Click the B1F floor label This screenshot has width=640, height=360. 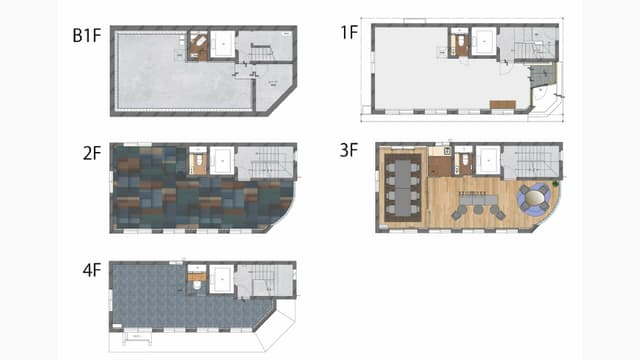point(87,36)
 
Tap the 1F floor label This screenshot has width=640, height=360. point(349,33)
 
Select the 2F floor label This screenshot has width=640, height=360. point(92,153)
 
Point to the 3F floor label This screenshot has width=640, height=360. point(349,150)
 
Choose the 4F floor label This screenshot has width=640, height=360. point(92,270)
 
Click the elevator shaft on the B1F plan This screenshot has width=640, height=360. point(222,44)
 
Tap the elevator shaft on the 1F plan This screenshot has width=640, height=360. point(484,41)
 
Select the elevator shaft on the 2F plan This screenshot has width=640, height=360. point(222,161)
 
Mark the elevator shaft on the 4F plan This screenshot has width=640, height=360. point(222,279)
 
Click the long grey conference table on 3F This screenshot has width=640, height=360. point(403,187)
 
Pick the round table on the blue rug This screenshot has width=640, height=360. point(534,198)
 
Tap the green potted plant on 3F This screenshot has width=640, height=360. point(555,184)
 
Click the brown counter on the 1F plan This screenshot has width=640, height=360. point(503,105)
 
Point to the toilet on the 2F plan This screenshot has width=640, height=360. point(199,161)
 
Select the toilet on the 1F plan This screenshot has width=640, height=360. point(460,41)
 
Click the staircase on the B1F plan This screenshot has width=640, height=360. point(260,52)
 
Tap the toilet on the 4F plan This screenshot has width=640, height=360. point(197,285)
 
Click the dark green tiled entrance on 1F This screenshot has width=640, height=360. point(543,74)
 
